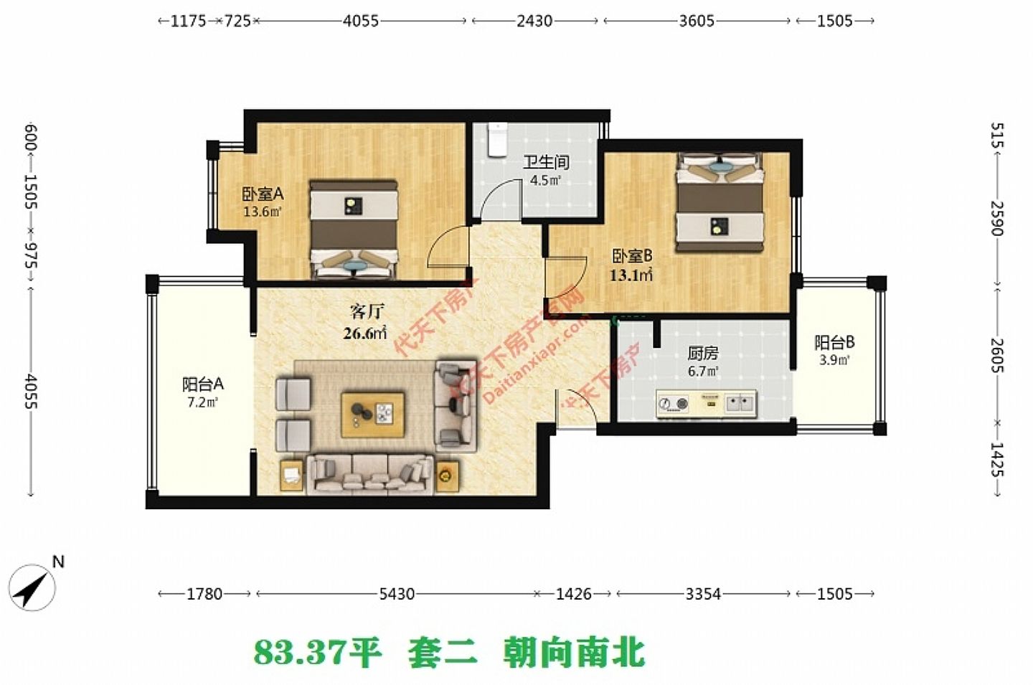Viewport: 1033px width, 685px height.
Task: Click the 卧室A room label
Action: pos(263,194)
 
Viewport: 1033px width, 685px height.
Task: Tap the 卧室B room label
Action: pos(631,255)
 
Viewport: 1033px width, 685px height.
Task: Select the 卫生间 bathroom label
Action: pos(545,162)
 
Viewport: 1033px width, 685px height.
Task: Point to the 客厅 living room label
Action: pos(367,311)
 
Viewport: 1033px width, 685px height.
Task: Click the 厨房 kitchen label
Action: pos(702,353)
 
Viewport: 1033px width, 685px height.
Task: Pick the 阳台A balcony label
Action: pos(202,384)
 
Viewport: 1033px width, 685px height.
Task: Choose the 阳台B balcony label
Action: pos(834,343)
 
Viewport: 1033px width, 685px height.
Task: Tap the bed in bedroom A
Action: pos(353,228)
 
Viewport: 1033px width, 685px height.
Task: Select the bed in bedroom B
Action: pos(719,203)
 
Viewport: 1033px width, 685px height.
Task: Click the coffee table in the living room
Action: pos(372,414)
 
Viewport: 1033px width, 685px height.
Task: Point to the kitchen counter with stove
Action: pos(706,404)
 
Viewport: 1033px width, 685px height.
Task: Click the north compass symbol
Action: pos(33,587)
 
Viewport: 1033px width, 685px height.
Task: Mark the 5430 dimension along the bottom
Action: pos(397,594)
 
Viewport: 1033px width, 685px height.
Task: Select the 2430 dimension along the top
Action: pos(534,21)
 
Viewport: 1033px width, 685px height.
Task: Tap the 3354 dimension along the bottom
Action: pos(702,594)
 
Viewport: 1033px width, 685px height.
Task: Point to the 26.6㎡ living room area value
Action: pos(365,333)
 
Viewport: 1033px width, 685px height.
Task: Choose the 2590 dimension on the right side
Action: pos(997,218)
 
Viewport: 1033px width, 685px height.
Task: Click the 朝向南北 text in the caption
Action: pos(574,652)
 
